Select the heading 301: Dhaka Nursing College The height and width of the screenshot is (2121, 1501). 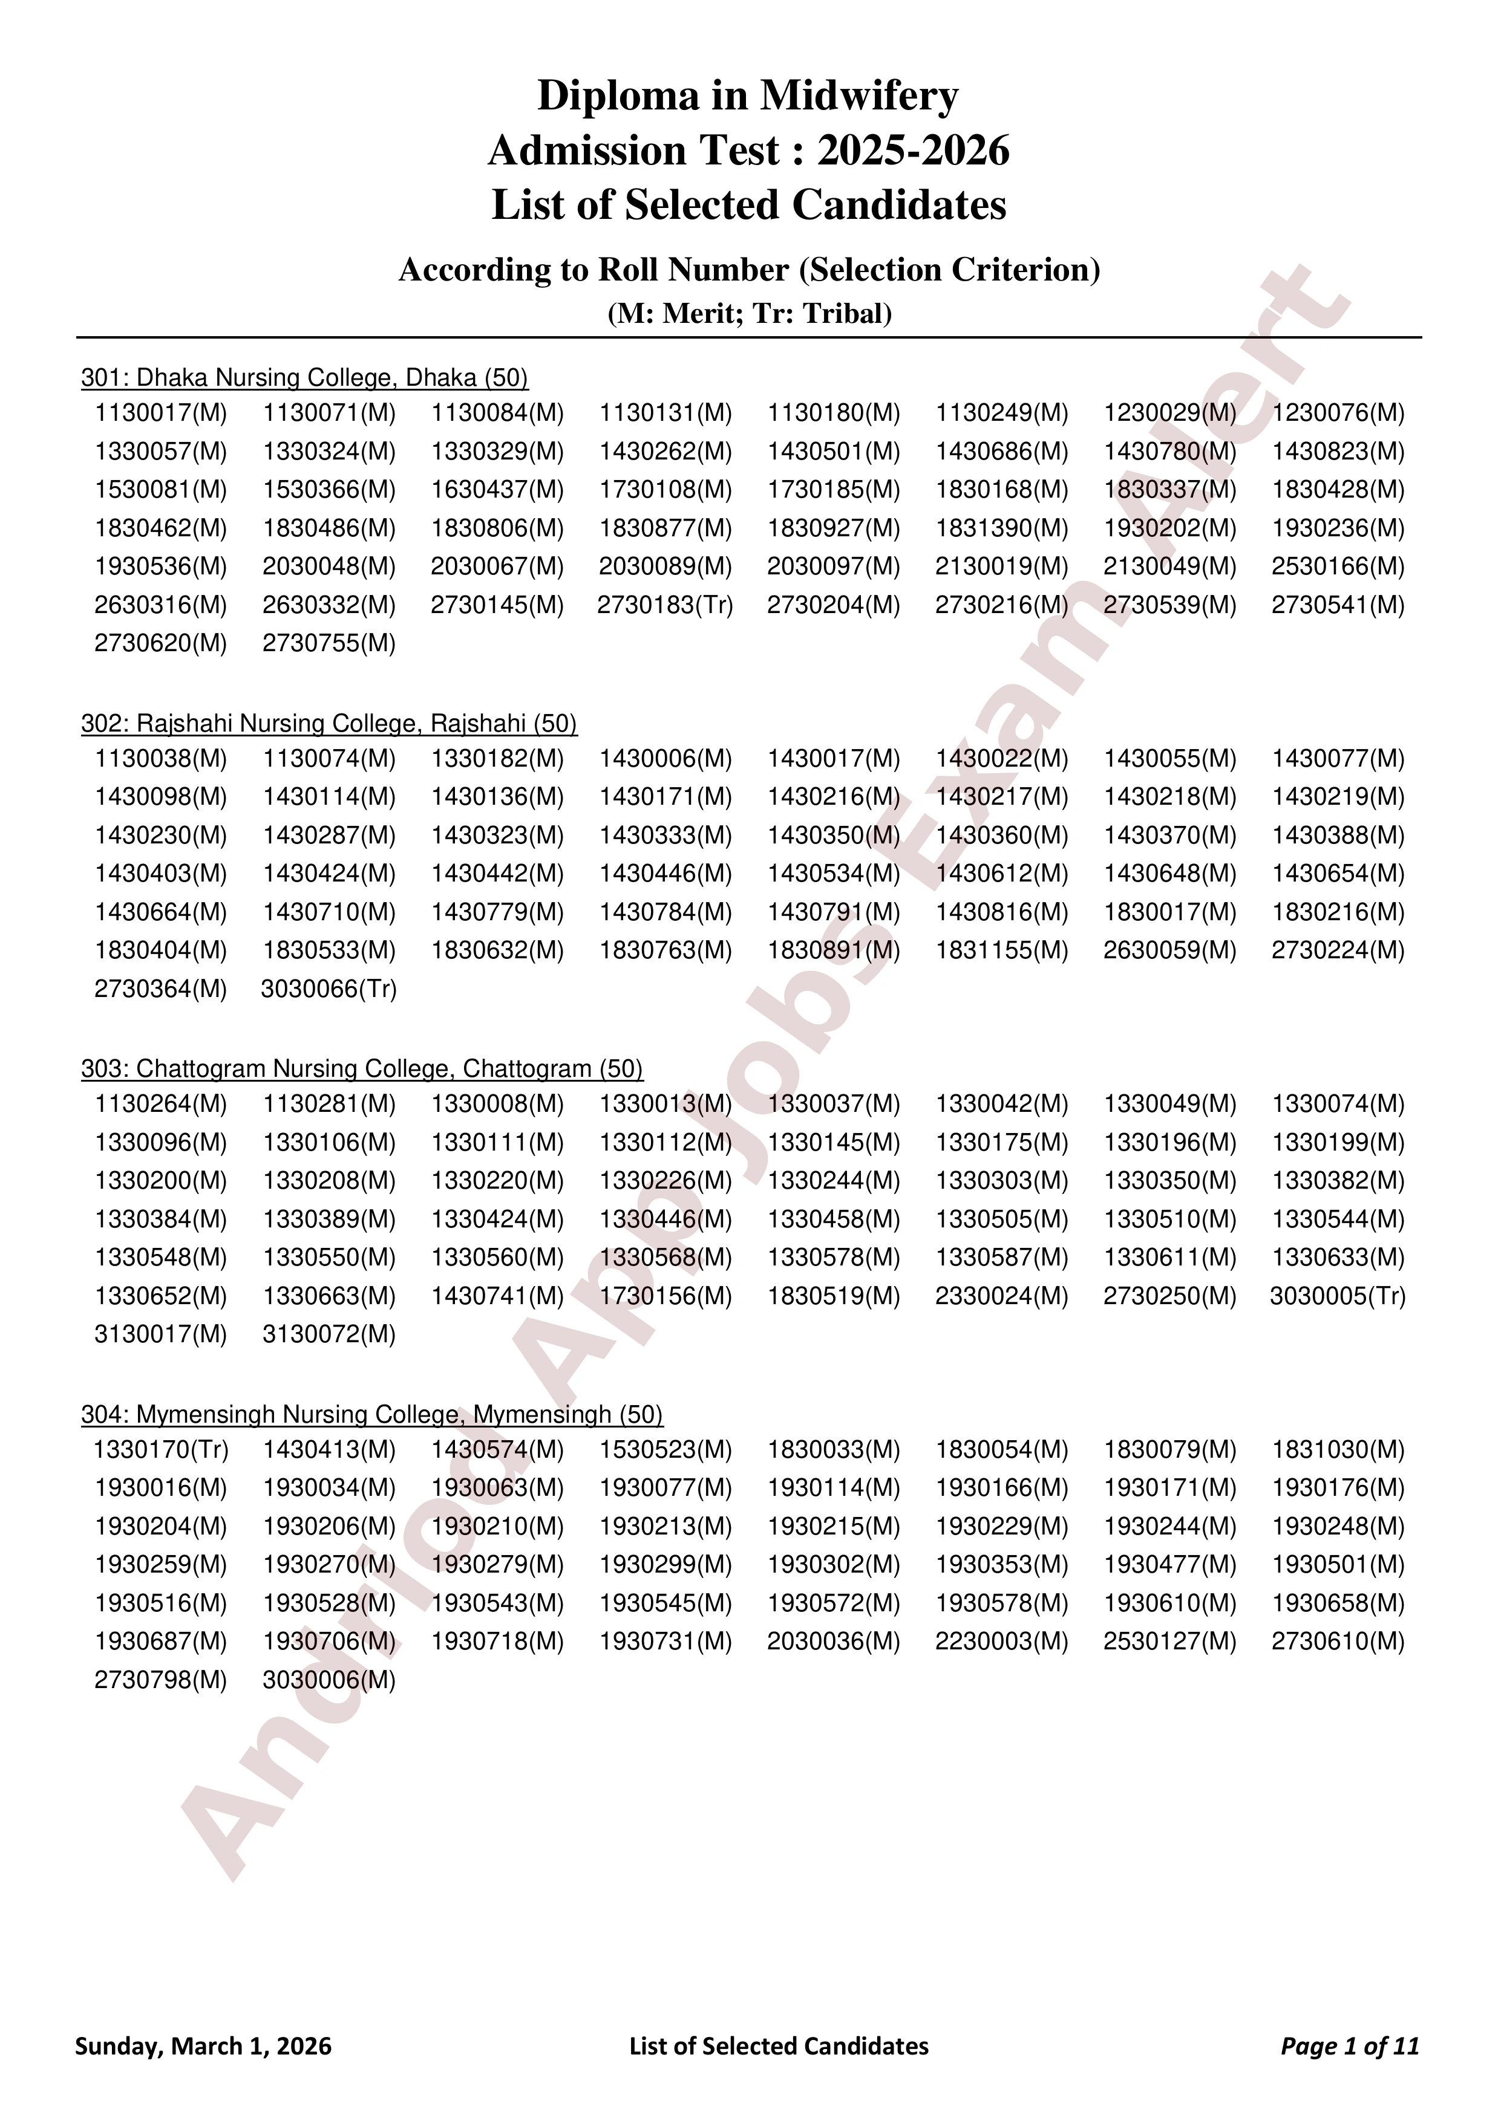pyautogui.click(x=304, y=378)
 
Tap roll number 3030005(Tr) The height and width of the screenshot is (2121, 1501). pyautogui.click(x=1338, y=1296)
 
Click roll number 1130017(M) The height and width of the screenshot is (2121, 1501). pyautogui.click(x=161, y=413)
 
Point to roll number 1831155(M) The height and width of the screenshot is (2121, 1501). pyautogui.click(x=1001, y=950)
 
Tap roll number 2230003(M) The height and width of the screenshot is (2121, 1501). pyautogui.click(x=1001, y=1642)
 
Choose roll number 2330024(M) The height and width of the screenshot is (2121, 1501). pyautogui.click(x=1001, y=1296)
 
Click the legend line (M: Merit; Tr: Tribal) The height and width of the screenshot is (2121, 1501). pyautogui.click(x=748, y=314)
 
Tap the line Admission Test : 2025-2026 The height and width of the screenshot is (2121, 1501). pyautogui.click(x=748, y=151)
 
